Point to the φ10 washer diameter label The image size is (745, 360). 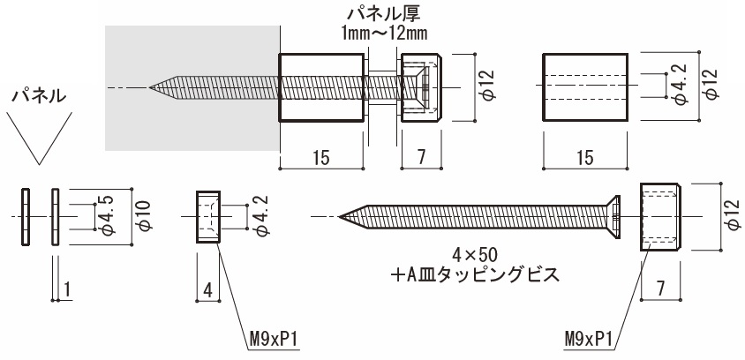144,214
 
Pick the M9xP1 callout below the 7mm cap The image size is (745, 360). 591,338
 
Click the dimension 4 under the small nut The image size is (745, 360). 205,289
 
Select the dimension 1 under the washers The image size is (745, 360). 66,289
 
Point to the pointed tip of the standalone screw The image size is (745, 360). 343,214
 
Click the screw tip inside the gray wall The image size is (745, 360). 153,87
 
